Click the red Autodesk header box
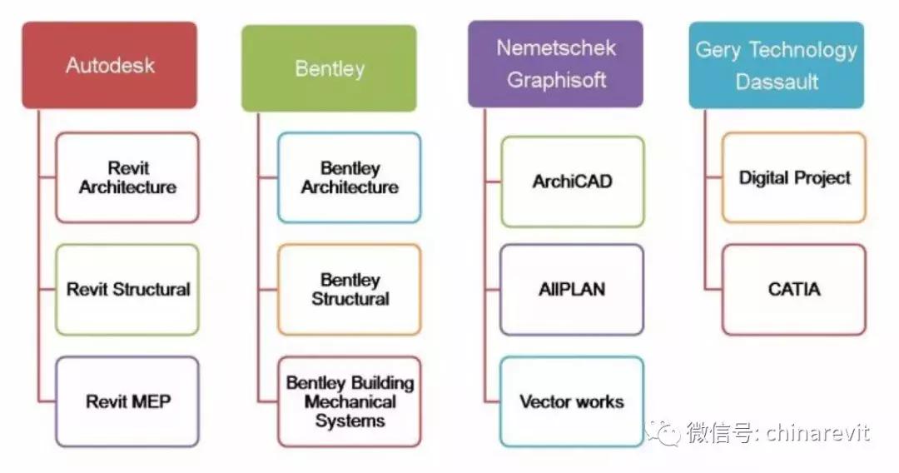pyautogui.click(x=110, y=65)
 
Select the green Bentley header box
pyautogui.click(x=329, y=68)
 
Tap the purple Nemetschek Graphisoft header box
pyautogui.click(x=555, y=64)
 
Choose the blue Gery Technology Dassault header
pyautogui.click(x=776, y=65)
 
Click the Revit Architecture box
pyautogui.click(x=127, y=178)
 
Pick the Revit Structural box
pyautogui.click(x=127, y=290)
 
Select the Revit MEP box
pyautogui.click(x=127, y=401)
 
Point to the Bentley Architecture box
pyautogui.click(x=350, y=178)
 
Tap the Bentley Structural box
pyautogui.click(x=350, y=289)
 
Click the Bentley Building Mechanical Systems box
pyautogui.click(x=350, y=401)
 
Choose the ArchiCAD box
pyautogui.click(x=572, y=182)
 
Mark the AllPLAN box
pyautogui.click(x=572, y=290)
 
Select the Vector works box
pyautogui.click(x=572, y=401)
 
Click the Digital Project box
pyautogui.click(x=794, y=177)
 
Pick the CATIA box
pyautogui.click(x=794, y=290)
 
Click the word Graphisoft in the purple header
pyautogui.click(x=556, y=81)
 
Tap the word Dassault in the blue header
pyautogui.click(x=777, y=82)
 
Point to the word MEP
pyautogui.click(x=150, y=402)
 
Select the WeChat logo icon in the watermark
pyautogui.click(x=665, y=434)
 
